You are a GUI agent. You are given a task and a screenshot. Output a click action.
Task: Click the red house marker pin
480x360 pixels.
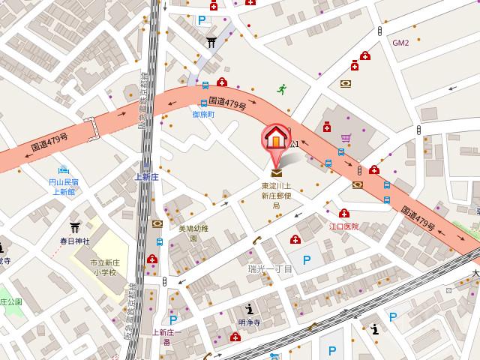click(x=276, y=139)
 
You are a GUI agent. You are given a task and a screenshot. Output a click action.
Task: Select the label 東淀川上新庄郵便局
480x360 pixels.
click(x=276, y=195)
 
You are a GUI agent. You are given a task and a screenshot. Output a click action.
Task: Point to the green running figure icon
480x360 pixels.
click(x=282, y=89)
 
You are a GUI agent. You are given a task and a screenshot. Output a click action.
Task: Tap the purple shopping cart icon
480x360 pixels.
click(x=346, y=139)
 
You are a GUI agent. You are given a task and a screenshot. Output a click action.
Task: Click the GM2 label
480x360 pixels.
click(x=400, y=43)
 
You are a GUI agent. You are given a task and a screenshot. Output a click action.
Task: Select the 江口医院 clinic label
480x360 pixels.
click(x=344, y=226)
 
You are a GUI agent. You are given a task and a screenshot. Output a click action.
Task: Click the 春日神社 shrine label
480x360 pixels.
click(x=75, y=241)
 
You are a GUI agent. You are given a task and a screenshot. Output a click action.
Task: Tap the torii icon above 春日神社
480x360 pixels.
click(x=75, y=226)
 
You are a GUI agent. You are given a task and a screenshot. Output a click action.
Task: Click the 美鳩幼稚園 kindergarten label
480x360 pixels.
click(x=193, y=233)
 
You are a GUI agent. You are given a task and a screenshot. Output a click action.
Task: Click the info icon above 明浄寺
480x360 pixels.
click(x=249, y=308)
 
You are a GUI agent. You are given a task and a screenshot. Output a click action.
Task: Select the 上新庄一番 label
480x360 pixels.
click(x=166, y=337)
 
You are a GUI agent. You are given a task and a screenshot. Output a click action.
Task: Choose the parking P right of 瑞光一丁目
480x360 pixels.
click(x=307, y=260)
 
